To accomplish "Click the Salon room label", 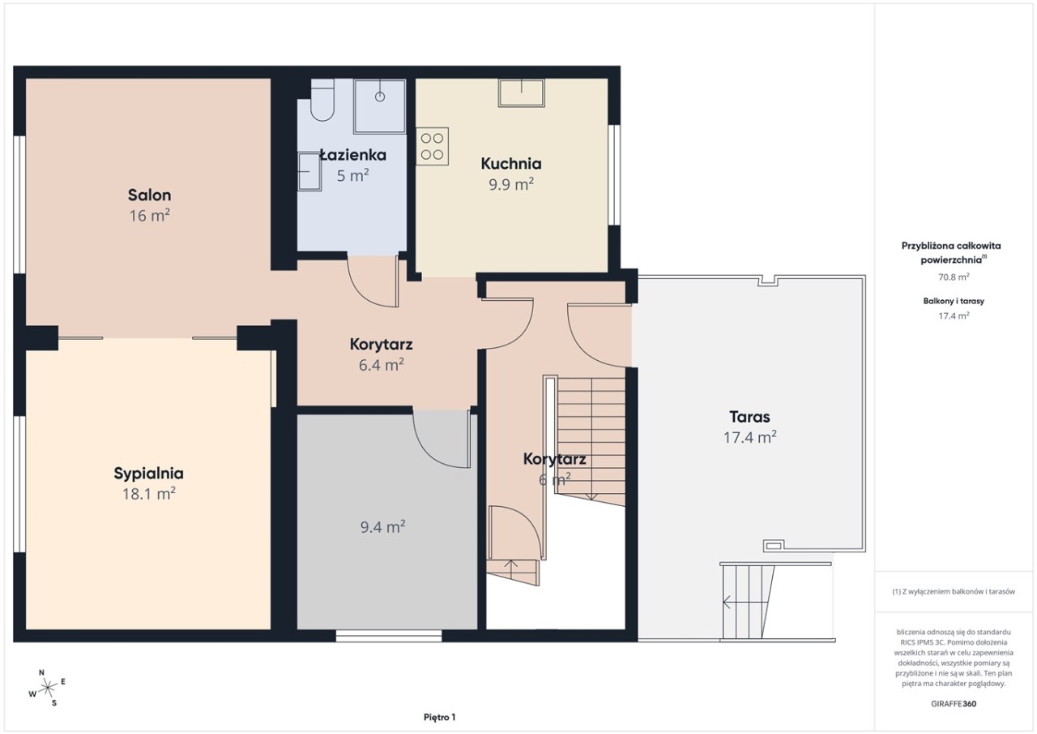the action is [x=150, y=195].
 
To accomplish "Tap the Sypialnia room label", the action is [x=148, y=474].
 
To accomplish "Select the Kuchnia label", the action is [x=511, y=164].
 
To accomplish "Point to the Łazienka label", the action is [x=352, y=155].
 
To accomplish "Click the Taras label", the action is [x=749, y=417].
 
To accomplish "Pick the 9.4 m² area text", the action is [x=383, y=527].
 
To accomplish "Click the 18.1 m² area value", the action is [x=148, y=494].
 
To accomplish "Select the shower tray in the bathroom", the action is [x=380, y=106].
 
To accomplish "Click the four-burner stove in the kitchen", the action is [x=433, y=147].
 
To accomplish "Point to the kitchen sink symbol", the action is [x=521, y=92].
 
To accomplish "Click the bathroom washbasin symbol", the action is [x=309, y=171].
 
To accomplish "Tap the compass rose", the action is [x=48, y=688].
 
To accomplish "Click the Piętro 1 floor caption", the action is [x=440, y=717].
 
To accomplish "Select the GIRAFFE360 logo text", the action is [x=954, y=704].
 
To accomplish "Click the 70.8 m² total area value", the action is [x=954, y=277].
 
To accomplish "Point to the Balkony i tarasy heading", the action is [x=954, y=301].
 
